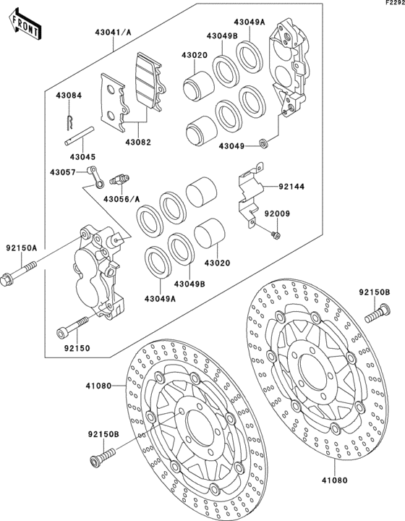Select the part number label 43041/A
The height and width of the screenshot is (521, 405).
click(x=113, y=32)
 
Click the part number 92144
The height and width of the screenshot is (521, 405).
click(x=291, y=187)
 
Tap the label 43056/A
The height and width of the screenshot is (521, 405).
click(x=122, y=198)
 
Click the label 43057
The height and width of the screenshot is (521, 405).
click(x=63, y=172)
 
